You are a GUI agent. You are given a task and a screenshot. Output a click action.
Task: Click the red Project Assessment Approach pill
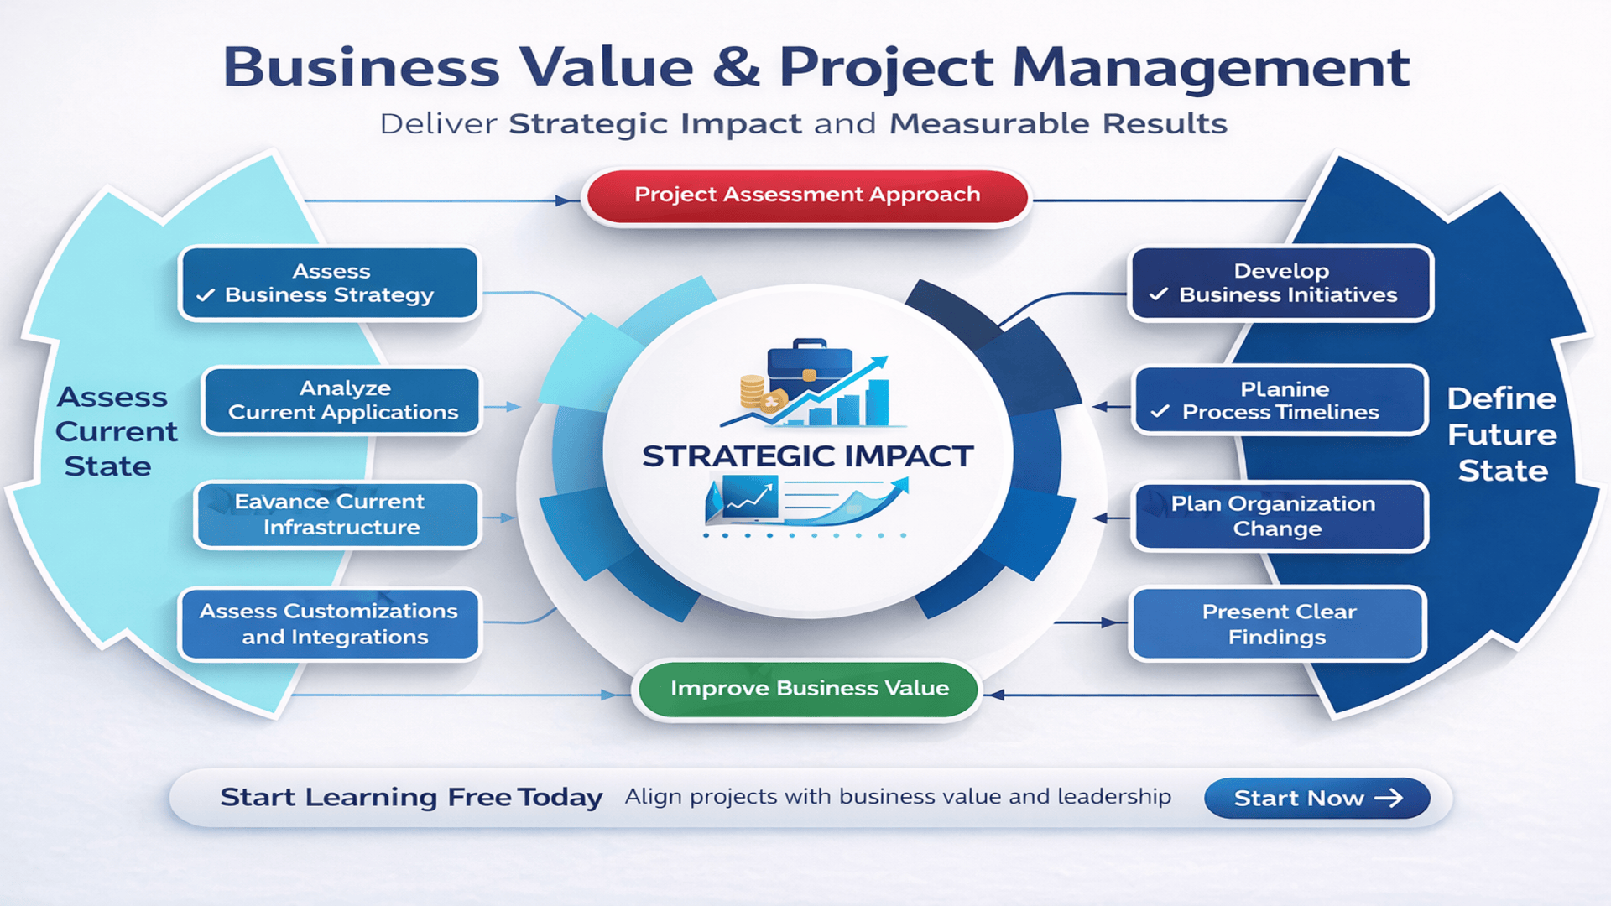(806, 195)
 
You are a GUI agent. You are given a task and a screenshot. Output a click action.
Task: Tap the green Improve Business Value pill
(809, 689)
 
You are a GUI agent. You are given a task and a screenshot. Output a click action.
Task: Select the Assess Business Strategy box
(330, 284)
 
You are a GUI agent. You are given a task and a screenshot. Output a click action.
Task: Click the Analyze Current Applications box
(342, 401)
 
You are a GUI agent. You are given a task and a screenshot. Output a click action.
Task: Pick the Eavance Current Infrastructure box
(338, 515)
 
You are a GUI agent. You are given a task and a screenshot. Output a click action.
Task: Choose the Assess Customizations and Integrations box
(329, 624)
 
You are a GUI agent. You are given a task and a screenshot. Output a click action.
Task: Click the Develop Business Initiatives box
(1280, 284)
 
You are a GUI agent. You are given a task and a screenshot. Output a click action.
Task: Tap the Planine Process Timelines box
(1280, 401)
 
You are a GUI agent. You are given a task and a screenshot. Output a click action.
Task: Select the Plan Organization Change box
(1279, 516)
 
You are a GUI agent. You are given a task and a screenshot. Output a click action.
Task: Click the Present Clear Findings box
(1278, 624)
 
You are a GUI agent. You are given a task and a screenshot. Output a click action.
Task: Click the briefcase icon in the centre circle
(809, 361)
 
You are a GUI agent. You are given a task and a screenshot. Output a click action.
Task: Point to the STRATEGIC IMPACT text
(807, 456)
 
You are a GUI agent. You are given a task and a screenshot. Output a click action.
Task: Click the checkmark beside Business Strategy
(206, 295)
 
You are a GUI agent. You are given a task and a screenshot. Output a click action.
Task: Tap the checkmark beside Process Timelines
(1160, 412)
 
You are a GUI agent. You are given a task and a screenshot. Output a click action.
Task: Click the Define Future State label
(1502, 435)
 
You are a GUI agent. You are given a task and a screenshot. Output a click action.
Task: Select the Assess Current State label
(115, 431)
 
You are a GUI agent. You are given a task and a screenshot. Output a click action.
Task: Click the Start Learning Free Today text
(411, 797)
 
